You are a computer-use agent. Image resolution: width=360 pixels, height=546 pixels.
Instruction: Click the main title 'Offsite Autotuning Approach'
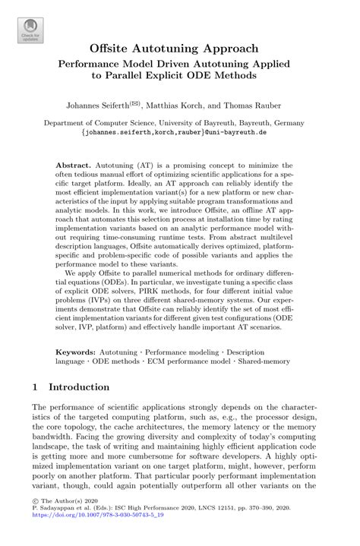pyautogui.click(x=179, y=49)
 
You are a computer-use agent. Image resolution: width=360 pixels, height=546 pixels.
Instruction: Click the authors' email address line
pyautogui.click(x=179, y=131)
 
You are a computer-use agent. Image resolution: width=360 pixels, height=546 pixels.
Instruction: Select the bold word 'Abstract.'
pyautogui.click(x=74, y=165)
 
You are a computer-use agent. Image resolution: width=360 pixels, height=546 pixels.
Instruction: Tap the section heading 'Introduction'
pyautogui.click(x=79, y=387)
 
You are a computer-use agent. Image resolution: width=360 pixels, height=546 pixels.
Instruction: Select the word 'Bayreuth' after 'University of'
pyautogui.click(x=216, y=122)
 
